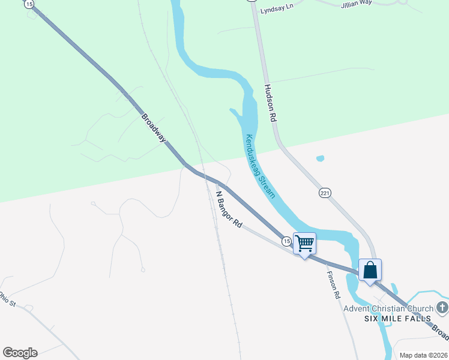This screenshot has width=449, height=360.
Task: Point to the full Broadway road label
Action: point(153,127)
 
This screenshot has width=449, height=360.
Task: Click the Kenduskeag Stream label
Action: point(259,166)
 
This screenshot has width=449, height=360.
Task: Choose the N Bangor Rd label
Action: point(229,209)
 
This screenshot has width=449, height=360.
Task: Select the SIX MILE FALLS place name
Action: point(397,318)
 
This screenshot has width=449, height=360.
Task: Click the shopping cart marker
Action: point(304,243)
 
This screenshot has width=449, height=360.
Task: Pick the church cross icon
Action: point(442,308)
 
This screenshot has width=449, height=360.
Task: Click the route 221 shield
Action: point(325,193)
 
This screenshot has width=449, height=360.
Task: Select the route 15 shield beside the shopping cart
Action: point(286,241)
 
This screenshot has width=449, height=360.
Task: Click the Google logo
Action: point(20,353)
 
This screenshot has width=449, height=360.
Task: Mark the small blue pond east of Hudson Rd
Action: point(320,159)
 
